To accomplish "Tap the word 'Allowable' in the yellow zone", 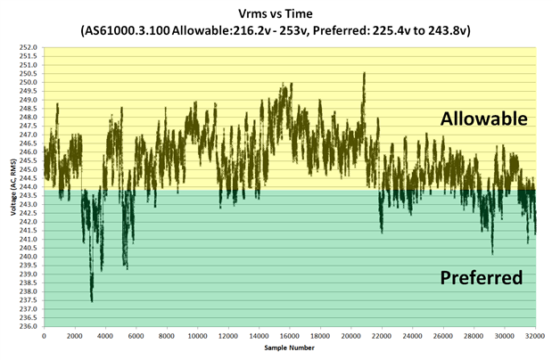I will pos(483,119).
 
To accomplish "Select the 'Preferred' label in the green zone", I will pos(481,278).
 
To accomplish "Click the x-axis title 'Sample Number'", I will pos(290,348).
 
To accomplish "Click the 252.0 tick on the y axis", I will pos(30,47).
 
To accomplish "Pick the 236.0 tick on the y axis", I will pos(30,326).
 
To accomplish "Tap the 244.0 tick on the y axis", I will pos(30,187).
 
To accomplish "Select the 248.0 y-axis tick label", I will pos(30,117).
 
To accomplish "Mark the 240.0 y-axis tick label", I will pos(30,257).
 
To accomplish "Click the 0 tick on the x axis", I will pos(45,336).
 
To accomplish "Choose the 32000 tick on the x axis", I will pos(536,336).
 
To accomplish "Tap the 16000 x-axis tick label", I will pos(290,336).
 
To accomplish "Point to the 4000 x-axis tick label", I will pos(106,336).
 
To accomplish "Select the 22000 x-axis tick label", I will pos(382,336).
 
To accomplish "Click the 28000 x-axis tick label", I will pos(474,336).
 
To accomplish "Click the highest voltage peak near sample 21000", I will pos(365,73).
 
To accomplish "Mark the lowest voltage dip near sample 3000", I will pos(92,301).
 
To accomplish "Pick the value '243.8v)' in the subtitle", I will pos(446,31).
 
